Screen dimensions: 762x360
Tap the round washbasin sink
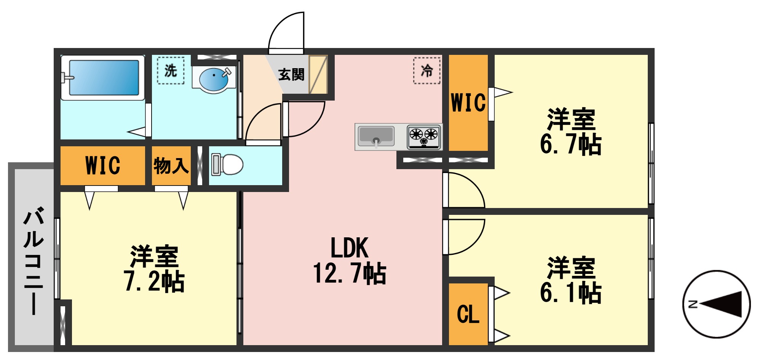click(213, 78)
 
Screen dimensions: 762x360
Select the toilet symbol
click(228, 165)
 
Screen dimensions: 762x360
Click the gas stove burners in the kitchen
click(423, 136)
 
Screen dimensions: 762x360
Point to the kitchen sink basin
click(376, 136)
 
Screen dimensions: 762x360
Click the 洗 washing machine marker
click(171, 70)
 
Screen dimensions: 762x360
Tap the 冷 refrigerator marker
click(427, 70)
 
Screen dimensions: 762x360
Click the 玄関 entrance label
click(291, 75)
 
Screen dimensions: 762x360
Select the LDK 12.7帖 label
click(350, 261)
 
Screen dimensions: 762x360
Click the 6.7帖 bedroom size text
click(570, 145)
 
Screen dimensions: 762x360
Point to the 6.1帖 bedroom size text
click(570, 293)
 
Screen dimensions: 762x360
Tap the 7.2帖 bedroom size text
click(154, 282)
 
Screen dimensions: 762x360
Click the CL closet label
click(468, 315)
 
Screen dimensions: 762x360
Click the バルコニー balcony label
click(34, 261)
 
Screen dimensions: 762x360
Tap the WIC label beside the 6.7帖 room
click(468, 103)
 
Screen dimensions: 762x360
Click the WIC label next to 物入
click(103, 166)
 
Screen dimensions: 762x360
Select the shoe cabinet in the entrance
click(318, 75)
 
